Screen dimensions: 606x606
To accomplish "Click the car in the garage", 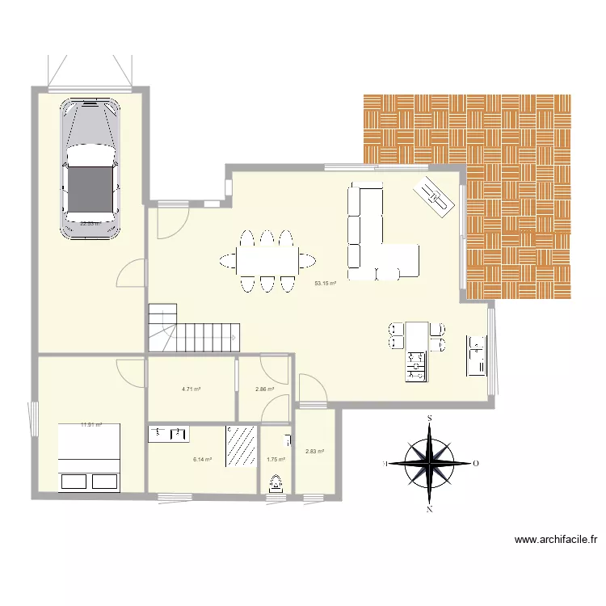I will [90, 167].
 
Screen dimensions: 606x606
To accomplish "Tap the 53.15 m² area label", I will [326, 284].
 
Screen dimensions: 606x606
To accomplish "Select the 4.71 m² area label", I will [191, 389].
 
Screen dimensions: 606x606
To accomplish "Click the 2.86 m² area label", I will [264, 389].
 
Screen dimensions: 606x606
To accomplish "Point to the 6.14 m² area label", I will [202, 459].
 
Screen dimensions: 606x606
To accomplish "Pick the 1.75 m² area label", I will [276, 459].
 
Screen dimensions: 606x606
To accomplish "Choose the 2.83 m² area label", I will [314, 452].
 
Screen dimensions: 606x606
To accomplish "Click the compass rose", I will [431, 464].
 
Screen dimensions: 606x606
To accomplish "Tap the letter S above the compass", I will [431, 418].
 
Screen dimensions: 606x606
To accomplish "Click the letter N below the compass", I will [431, 510].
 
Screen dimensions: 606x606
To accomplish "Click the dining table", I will [267, 260].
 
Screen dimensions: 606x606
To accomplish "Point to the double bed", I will [89, 457].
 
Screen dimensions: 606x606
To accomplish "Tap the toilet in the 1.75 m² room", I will [276, 482].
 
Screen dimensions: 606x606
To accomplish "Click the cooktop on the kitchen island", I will [417, 365].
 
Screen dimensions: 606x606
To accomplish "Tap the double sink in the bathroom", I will [169, 434].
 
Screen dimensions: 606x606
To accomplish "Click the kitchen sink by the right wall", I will [477, 356].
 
